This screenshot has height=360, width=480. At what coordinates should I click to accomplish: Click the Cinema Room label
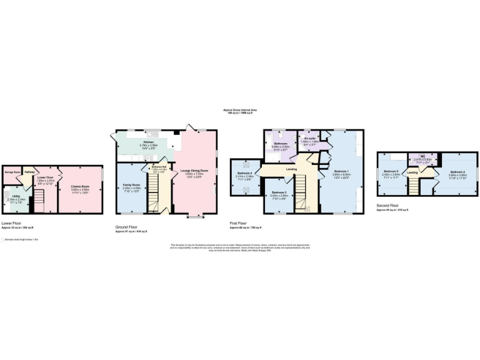tap(81, 186)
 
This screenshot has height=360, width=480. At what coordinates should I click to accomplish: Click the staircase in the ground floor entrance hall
tap(154, 199)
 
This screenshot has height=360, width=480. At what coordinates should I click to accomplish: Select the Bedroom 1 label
tap(341, 171)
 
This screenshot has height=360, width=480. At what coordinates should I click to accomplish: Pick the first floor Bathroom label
tap(281, 143)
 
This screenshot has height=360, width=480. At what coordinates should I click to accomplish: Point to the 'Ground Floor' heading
tap(127, 227)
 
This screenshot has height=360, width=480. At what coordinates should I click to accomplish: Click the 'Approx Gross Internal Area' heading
tap(240, 110)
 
